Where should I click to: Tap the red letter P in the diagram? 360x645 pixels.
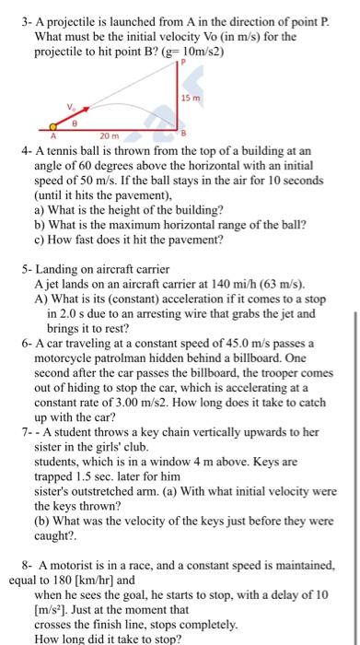coord(182,62)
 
